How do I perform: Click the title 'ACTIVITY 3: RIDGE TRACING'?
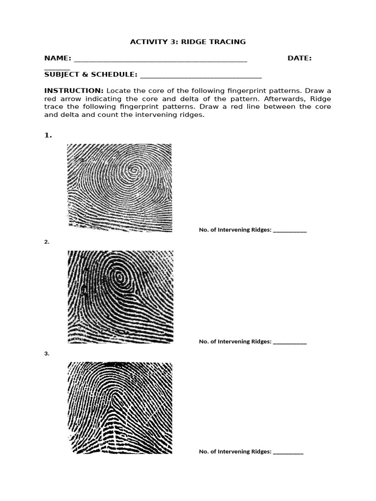(188, 42)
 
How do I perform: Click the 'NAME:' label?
(58, 58)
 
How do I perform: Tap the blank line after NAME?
(160, 60)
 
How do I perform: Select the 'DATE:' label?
(300, 58)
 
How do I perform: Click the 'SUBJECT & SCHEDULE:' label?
(91, 75)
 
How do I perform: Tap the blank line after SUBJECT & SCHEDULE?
(201, 76)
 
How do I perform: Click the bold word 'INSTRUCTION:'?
(73, 91)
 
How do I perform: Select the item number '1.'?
(48, 136)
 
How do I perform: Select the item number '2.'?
(47, 242)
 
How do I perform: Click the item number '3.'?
(47, 353)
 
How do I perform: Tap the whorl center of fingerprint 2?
(119, 277)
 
